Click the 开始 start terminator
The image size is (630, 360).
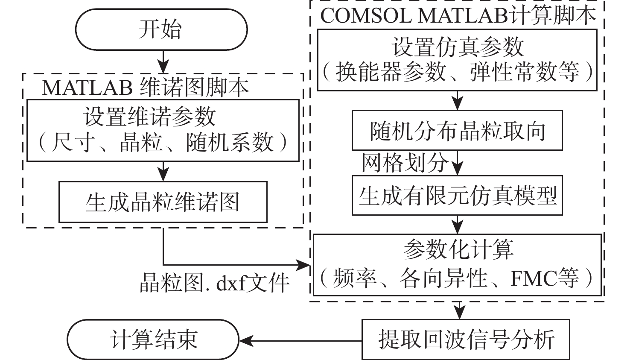161,29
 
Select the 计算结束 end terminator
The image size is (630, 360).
154,340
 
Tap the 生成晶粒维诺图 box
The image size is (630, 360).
163,202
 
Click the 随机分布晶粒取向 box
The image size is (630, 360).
457,130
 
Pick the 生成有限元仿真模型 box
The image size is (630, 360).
457,195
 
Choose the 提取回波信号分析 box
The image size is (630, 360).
466,340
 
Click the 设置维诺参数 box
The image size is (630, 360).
163,130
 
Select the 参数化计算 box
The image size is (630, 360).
457,264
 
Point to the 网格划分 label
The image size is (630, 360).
405,163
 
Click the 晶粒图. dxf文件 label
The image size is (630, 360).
215,282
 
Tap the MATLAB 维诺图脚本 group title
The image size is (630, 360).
145,88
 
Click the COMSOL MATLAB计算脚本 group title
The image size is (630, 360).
457,16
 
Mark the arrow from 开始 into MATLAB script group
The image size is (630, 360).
163,62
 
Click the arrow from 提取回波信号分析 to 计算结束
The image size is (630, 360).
301,340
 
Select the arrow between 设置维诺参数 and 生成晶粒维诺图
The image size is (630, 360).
163,171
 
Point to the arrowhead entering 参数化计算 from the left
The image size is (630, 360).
304,265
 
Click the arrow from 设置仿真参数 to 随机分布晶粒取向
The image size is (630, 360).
457,101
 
